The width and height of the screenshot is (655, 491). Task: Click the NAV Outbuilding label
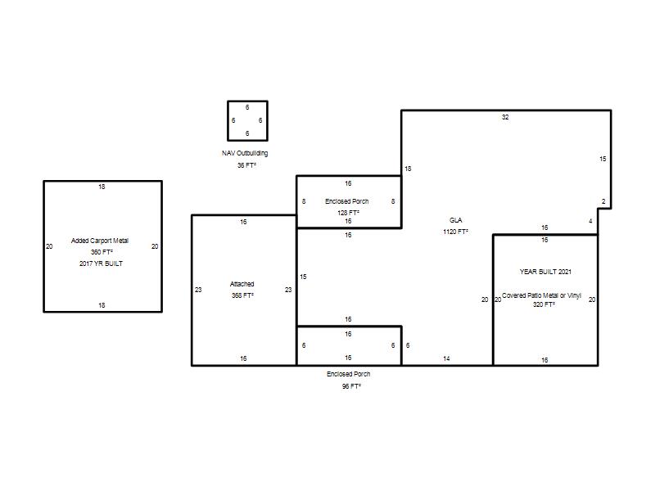point(245,153)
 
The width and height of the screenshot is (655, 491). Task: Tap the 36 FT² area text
point(246,165)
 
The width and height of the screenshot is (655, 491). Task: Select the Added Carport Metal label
point(100,241)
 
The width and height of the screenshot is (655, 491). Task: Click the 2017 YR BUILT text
point(101,264)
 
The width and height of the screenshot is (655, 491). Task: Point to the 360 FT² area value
point(102,252)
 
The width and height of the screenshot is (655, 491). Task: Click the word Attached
point(242,284)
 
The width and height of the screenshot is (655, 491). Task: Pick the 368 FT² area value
point(242,295)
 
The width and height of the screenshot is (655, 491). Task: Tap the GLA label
point(456,220)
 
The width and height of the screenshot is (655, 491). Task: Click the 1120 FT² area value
point(456,232)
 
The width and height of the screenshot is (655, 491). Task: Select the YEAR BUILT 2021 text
point(545,272)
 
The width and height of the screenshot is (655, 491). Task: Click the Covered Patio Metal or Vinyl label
point(541,295)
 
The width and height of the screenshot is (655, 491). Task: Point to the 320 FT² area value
point(544,304)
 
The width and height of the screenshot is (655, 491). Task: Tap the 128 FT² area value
point(349,213)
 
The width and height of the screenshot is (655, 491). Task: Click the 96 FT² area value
point(351,386)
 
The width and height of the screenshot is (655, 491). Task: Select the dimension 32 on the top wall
point(505,117)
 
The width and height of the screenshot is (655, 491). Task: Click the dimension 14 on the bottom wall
point(446,358)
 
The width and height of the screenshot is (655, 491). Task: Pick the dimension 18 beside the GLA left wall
point(408,169)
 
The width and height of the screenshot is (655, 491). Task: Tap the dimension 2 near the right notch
point(603,201)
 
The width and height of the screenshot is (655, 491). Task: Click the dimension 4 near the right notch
point(590,221)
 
